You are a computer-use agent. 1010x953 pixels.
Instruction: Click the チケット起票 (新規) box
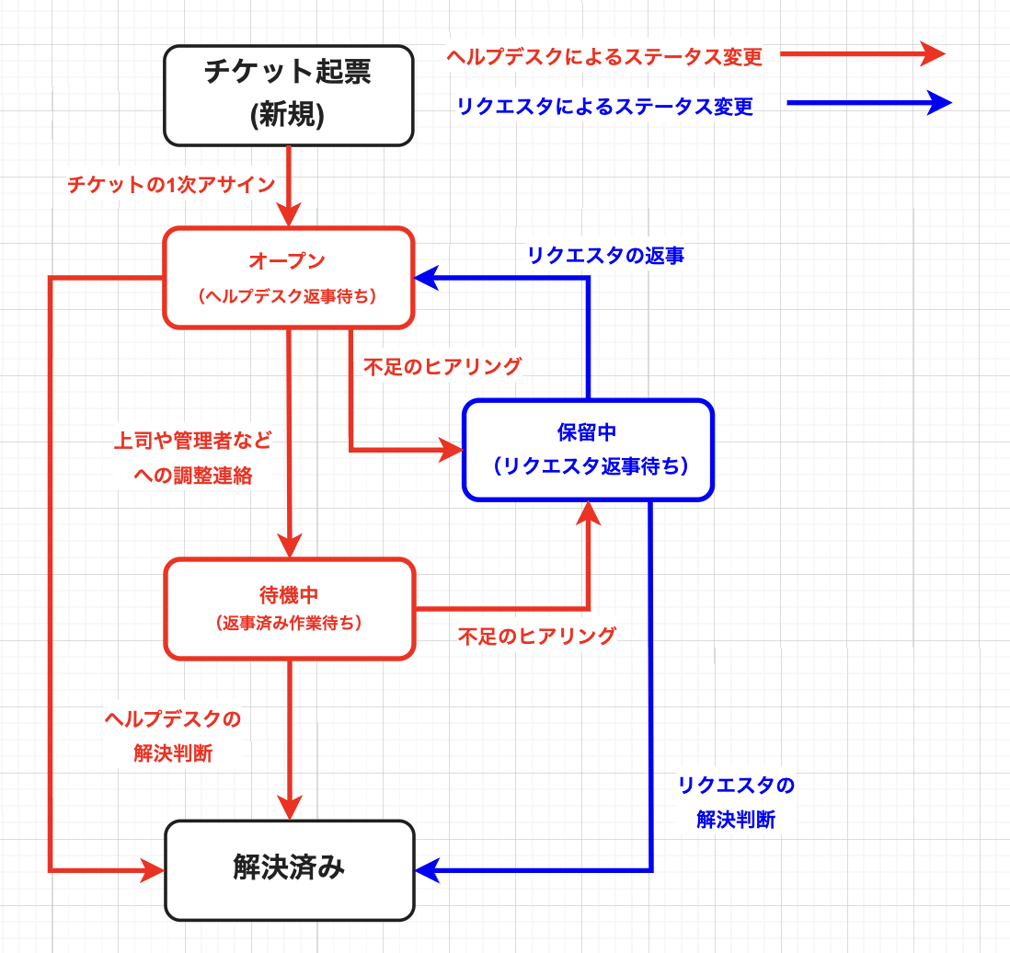pyautogui.click(x=288, y=96)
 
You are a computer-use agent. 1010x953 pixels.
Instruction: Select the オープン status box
pyautogui.click(x=288, y=277)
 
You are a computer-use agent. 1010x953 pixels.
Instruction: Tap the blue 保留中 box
pyautogui.click(x=588, y=450)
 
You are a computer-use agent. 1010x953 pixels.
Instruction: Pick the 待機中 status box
pyautogui.click(x=288, y=608)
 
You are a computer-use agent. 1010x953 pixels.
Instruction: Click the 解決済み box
pyautogui.click(x=288, y=869)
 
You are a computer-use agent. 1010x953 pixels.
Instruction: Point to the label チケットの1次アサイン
pyautogui.click(x=171, y=185)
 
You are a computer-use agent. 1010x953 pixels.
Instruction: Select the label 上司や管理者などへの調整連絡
pyautogui.click(x=192, y=457)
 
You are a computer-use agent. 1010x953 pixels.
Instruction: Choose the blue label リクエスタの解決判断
pyautogui.click(x=736, y=802)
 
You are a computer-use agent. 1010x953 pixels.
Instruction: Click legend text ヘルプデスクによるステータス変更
pyautogui.click(x=604, y=57)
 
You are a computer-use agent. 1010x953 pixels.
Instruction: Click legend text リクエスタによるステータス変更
pyautogui.click(x=604, y=107)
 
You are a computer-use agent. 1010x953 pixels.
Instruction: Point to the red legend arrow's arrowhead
pyautogui.click(x=933, y=53)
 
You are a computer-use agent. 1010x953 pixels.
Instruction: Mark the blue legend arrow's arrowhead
pyautogui.click(x=937, y=102)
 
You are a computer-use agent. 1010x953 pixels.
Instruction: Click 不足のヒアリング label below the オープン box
pyautogui.click(x=442, y=366)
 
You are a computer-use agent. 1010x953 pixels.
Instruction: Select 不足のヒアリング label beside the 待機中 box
pyautogui.click(x=537, y=636)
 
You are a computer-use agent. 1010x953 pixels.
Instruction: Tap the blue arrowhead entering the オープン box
pyautogui.click(x=425, y=277)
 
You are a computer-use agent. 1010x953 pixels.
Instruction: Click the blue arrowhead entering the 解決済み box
pyautogui.click(x=427, y=869)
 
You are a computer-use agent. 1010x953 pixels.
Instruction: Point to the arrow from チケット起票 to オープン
pyautogui.click(x=289, y=184)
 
